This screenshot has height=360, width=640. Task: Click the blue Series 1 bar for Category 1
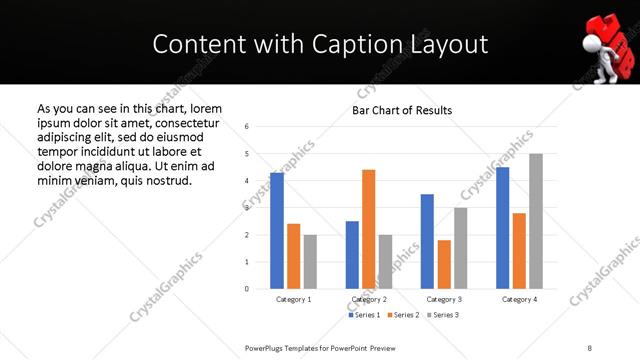click(277, 231)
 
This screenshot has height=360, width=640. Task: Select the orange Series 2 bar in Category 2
click(369, 229)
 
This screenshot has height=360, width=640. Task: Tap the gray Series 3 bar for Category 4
click(536, 221)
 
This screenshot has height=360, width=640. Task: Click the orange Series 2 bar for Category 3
click(444, 264)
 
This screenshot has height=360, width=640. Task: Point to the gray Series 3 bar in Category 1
click(310, 262)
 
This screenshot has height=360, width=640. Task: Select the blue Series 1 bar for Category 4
click(503, 228)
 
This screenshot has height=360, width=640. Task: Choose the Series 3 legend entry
click(444, 315)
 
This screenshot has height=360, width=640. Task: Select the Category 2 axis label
click(369, 299)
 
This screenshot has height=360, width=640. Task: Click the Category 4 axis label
click(519, 299)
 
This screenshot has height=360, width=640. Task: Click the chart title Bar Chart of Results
click(402, 110)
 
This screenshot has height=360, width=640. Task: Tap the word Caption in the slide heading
click(351, 44)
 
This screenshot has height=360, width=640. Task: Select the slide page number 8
click(590, 347)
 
